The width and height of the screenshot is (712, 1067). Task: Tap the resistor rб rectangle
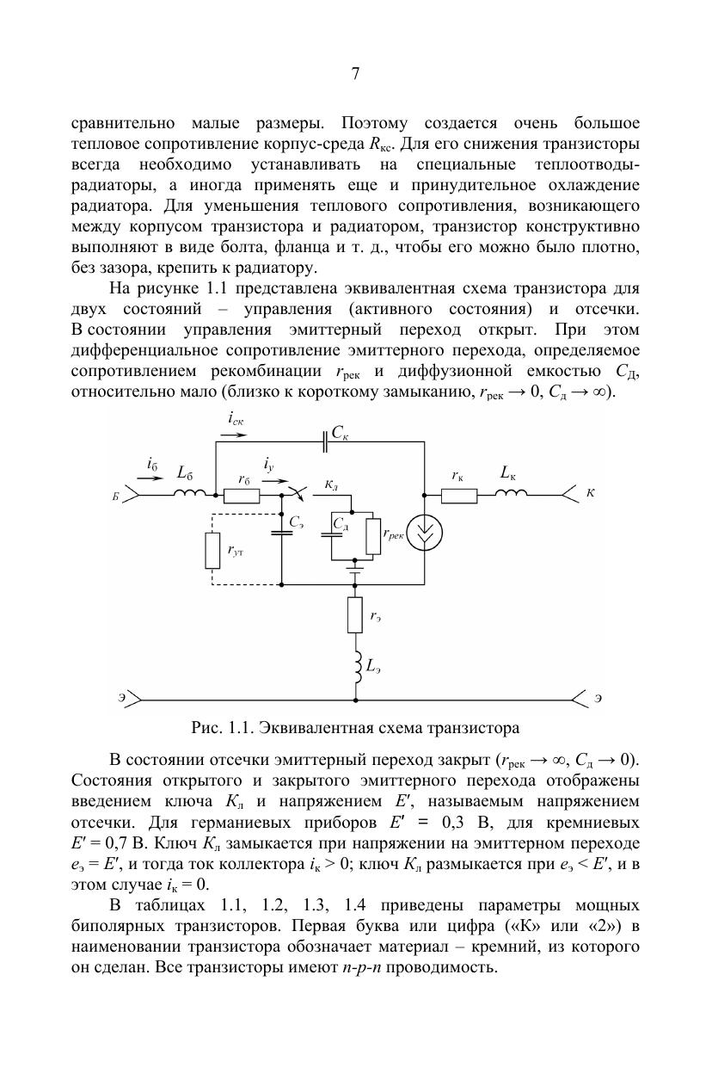point(241,495)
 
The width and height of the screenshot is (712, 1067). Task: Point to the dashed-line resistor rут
point(212,551)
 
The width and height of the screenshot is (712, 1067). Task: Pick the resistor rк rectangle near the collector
point(459,495)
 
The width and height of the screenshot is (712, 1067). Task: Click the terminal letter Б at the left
point(115,496)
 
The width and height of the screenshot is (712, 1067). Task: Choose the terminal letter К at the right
point(590,495)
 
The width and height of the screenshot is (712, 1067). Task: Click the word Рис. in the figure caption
point(207,728)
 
